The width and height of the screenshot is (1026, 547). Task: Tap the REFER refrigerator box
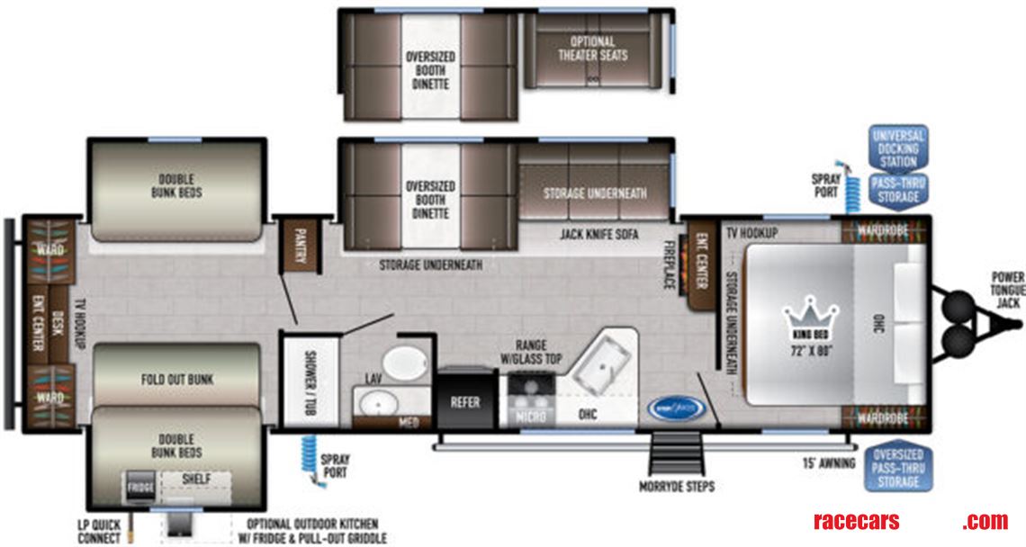pos(465,402)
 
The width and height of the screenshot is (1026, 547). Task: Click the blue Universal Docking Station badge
pos(897,149)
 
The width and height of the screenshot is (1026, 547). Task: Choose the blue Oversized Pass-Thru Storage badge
pos(897,468)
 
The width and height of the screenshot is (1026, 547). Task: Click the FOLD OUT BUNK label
pos(177,380)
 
